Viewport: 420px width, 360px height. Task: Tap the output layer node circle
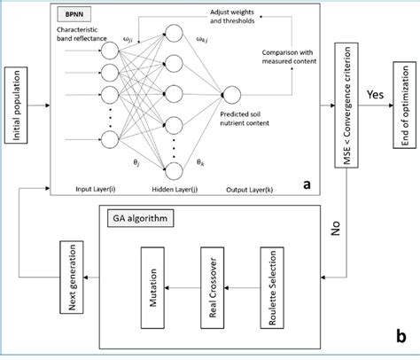click(x=232, y=97)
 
